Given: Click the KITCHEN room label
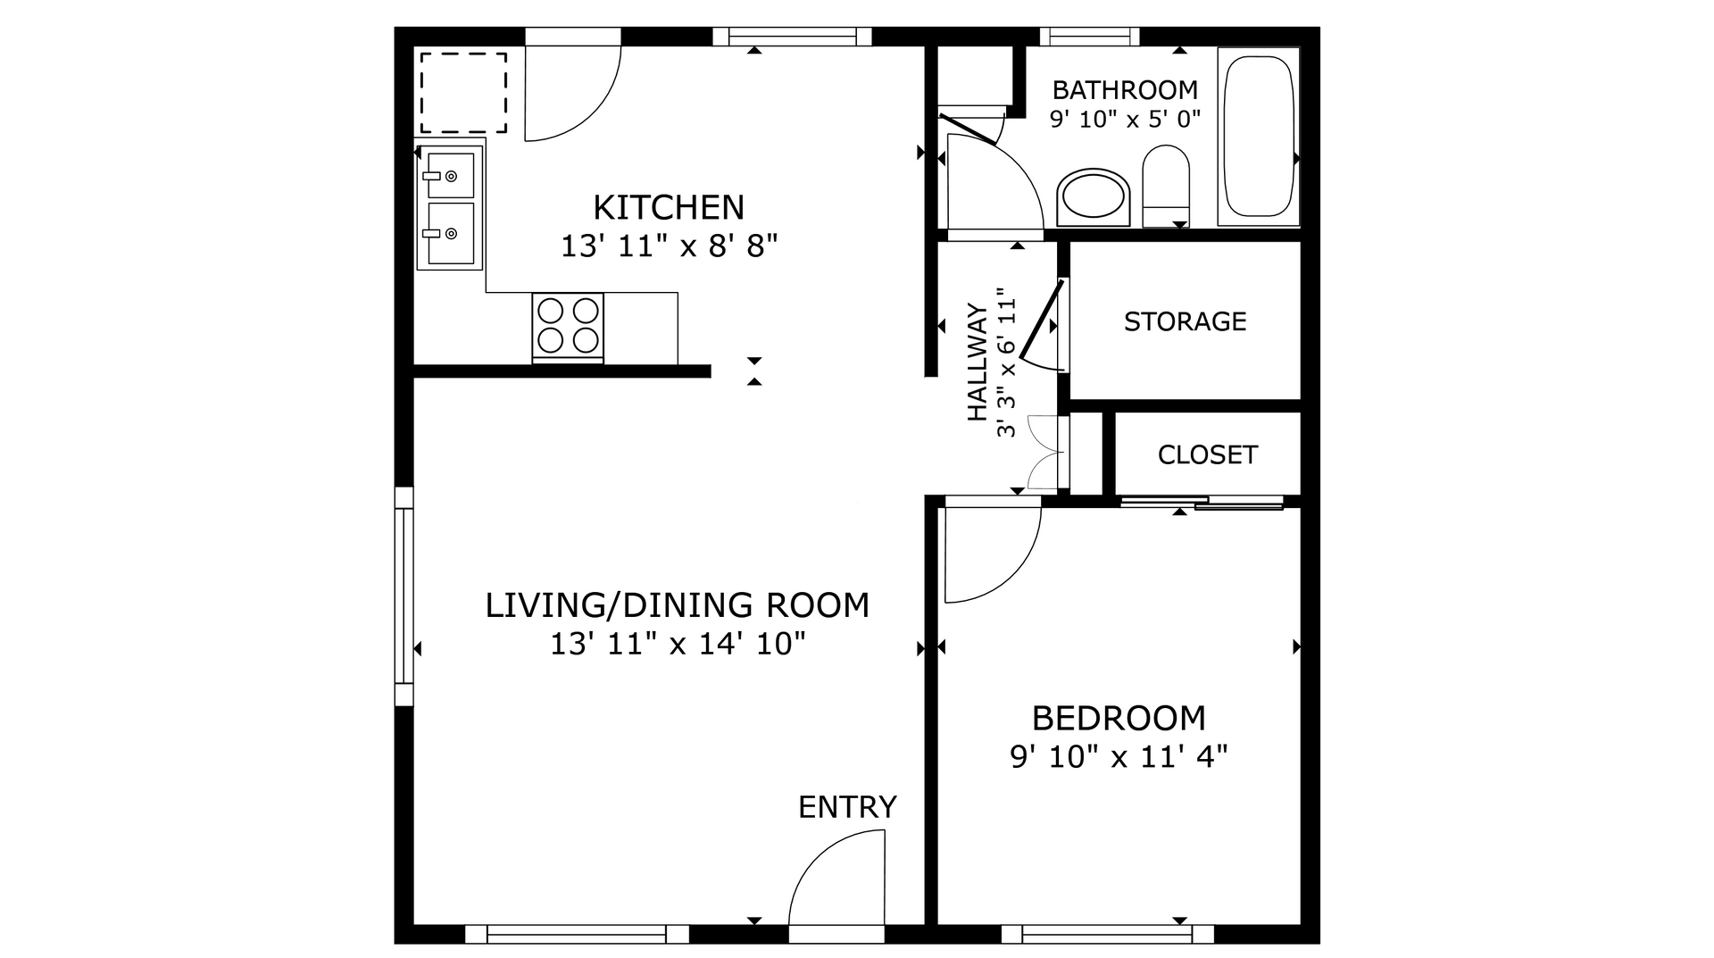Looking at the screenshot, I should (668, 207).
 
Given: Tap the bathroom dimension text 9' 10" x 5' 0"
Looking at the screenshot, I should (1125, 119).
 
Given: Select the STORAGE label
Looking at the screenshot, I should (1185, 321).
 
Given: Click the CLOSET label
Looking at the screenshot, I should (1207, 455).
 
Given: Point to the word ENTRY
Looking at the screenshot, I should (847, 807).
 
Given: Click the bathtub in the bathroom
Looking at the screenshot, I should (1257, 137).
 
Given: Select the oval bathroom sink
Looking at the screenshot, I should (1094, 196).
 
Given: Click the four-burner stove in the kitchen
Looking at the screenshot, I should (568, 326).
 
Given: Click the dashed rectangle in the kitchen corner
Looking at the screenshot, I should (463, 93).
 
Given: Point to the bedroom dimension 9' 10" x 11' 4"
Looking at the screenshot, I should (1119, 757).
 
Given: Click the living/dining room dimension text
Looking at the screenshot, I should (678, 644).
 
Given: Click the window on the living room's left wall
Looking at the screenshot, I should (404, 596).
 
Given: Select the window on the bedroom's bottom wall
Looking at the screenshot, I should (1107, 935).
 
